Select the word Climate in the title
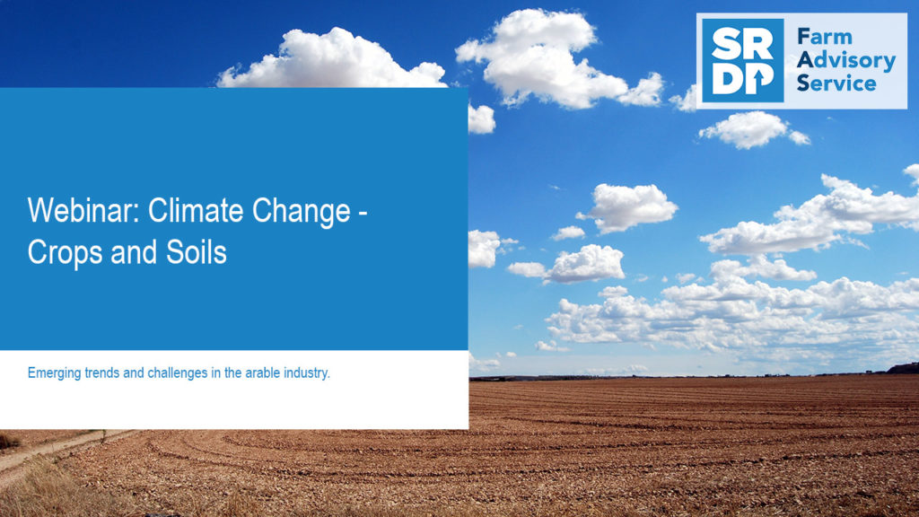coord(195,210)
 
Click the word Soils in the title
coord(197,252)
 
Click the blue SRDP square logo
coord(742,60)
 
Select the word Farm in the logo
coord(825,36)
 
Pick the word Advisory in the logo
coord(846,60)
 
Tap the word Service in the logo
coord(836,83)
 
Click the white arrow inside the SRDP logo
coord(759,81)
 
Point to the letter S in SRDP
coord(725,44)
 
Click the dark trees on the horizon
coord(903,368)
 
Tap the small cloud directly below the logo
coord(752,129)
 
